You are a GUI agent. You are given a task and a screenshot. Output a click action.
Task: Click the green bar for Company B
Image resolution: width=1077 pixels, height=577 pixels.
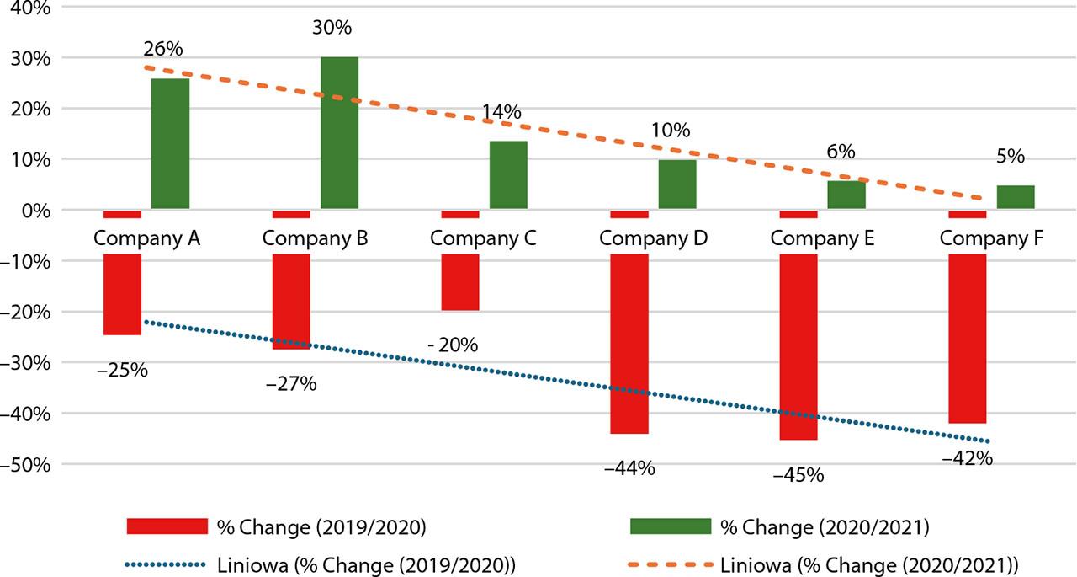tap(339, 133)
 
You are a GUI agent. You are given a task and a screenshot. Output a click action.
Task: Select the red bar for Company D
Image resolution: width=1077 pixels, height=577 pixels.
tap(629, 344)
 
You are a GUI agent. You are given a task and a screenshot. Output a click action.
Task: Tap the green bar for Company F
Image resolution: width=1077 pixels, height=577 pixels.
tap(1015, 197)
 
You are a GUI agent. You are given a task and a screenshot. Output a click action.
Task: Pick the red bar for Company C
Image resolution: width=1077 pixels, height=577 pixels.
tap(460, 282)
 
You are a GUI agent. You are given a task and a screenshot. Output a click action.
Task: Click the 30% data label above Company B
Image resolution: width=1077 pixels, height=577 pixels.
tap(332, 28)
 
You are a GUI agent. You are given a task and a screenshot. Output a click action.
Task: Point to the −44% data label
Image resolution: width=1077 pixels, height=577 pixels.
tap(629, 468)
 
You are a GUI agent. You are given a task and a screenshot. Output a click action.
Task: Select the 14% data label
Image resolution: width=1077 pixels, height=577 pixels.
tap(501, 112)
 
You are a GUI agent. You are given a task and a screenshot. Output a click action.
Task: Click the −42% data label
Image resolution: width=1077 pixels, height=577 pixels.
tap(968, 459)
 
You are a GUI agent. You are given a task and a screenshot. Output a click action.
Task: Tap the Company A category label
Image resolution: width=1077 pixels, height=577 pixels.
tap(146, 238)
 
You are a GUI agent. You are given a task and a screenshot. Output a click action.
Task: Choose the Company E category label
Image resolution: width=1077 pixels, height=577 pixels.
tap(822, 238)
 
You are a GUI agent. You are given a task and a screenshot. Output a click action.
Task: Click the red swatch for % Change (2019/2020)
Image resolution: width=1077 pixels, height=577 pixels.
tap(167, 526)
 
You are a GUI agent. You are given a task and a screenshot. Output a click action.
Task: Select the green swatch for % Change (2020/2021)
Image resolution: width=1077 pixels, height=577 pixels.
tap(671, 526)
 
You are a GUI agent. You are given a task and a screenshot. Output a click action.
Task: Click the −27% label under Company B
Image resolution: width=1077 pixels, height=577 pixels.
tap(291, 384)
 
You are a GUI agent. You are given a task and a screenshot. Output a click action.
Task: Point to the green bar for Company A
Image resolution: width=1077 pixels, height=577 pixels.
tap(170, 143)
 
